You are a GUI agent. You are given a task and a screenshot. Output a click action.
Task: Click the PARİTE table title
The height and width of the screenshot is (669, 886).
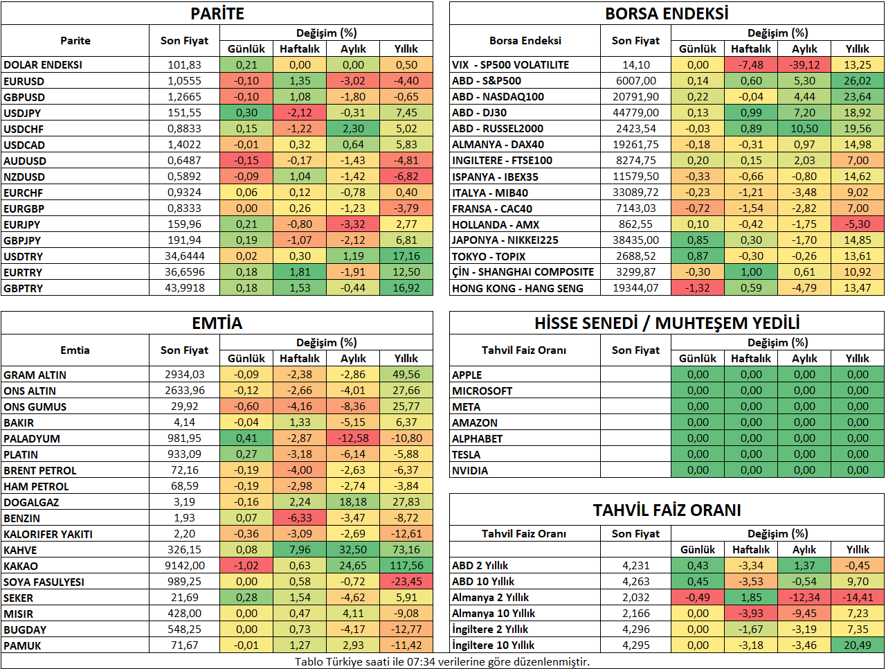(217, 14)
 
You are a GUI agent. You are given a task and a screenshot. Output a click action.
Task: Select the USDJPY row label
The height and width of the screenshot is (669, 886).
(22, 113)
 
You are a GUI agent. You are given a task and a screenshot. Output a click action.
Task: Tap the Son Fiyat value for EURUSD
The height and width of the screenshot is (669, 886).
(184, 81)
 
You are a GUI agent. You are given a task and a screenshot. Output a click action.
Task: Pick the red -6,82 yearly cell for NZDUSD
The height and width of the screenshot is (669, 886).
(406, 177)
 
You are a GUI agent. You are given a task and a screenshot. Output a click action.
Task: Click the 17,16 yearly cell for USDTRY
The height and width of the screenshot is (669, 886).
(406, 256)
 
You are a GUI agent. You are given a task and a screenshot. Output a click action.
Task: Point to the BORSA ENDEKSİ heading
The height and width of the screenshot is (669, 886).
(667, 14)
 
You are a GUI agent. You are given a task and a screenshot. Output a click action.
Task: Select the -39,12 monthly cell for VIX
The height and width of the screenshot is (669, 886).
(804, 64)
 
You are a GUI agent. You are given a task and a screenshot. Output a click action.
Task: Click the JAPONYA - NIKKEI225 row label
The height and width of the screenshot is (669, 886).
(505, 240)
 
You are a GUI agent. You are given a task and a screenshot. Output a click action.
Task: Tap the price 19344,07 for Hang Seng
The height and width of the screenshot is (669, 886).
(635, 288)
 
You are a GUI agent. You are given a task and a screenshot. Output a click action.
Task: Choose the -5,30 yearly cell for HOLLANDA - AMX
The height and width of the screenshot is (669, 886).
(858, 224)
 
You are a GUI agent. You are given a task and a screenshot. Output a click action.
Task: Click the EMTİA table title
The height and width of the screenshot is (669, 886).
(217, 323)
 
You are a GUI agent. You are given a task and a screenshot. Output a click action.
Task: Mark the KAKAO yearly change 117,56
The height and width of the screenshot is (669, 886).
(406, 566)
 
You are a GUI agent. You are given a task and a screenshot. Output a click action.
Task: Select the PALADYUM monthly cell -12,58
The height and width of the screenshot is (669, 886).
(353, 438)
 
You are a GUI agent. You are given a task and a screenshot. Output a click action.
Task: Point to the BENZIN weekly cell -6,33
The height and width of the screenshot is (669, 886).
(300, 517)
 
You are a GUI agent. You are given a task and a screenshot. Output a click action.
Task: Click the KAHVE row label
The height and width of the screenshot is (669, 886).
(20, 550)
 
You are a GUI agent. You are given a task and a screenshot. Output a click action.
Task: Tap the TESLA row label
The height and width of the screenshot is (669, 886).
(467, 454)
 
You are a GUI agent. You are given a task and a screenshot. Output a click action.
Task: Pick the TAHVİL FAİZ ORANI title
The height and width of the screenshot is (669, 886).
(667, 510)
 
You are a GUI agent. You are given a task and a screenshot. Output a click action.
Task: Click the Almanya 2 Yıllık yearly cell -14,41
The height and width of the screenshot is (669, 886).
(858, 597)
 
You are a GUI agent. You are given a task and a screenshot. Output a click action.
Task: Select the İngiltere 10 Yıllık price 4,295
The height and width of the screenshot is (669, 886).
(635, 645)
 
